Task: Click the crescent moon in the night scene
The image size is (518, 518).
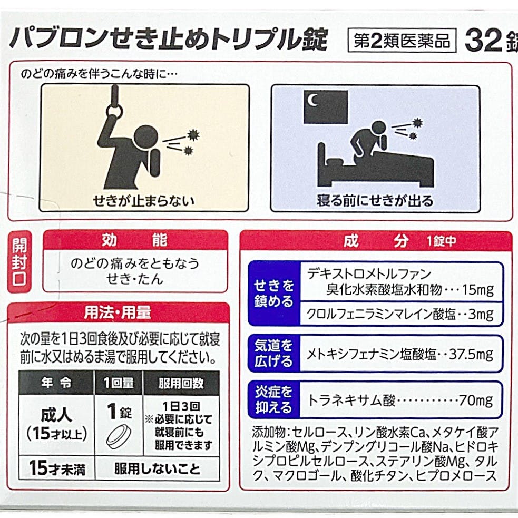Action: point(312,100)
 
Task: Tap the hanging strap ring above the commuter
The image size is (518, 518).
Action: point(115,104)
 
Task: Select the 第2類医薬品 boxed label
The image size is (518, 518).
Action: point(402,41)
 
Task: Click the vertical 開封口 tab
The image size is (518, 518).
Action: point(19,261)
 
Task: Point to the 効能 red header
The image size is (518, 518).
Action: point(135,240)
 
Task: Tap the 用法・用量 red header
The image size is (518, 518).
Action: point(118,312)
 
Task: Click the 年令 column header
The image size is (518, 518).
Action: point(56,383)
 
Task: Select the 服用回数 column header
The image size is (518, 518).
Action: point(181,383)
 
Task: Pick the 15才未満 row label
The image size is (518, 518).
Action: point(57,468)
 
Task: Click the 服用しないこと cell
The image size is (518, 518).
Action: point(157,468)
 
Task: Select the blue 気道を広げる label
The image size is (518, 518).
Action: point(274,354)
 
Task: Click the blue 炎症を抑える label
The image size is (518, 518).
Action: point(274,399)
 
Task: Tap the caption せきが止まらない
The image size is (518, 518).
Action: point(143,201)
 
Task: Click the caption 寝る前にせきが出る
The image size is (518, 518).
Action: point(375,201)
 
